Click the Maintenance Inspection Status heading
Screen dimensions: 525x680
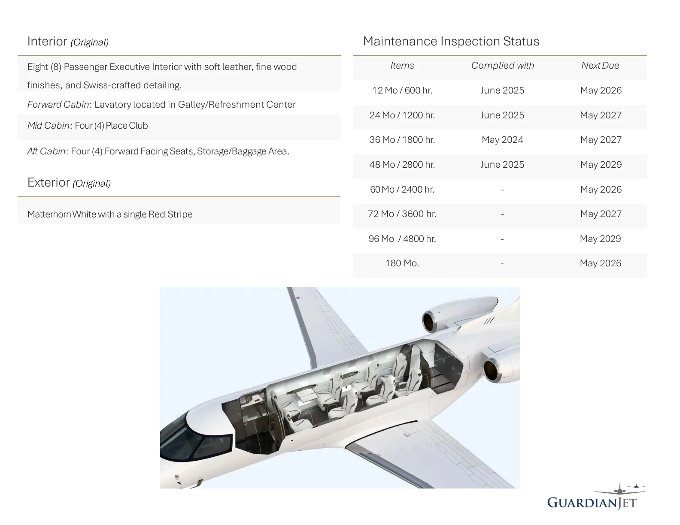[x=451, y=41]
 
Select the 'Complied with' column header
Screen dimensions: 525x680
[x=502, y=66]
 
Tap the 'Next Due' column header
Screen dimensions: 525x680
[x=600, y=66]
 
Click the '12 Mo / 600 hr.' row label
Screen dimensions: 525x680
[x=402, y=91]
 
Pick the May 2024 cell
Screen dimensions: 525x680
[x=502, y=140]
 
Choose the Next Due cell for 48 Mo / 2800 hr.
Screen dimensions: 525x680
[x=601, y=165]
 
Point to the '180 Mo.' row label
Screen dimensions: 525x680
[x=402, y=263]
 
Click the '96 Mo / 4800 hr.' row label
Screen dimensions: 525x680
[x=402, y=239]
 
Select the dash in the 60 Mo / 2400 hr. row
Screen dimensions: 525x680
[x=502, y=190]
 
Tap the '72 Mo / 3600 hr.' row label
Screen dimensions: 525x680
[x=402, y=214]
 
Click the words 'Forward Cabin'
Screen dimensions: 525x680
[x=58, y=105]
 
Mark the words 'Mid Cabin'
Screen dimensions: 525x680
[x=48, y=126]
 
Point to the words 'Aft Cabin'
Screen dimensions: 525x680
[x=46, y=151]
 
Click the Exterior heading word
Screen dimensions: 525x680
[x=49, y=183]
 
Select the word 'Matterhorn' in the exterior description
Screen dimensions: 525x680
[x=49, y=214]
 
